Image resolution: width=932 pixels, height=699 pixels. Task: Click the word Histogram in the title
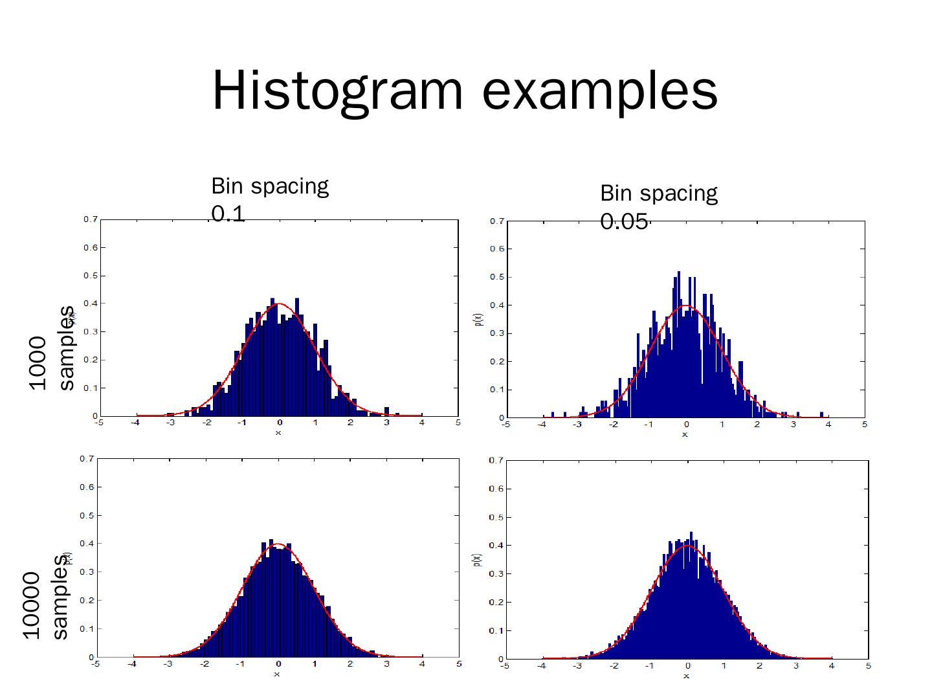337,91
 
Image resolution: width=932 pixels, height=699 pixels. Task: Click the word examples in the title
600,91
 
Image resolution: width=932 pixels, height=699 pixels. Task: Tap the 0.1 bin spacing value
228,214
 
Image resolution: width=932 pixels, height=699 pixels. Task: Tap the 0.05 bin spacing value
624,222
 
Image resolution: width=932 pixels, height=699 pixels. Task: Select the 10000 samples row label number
32,606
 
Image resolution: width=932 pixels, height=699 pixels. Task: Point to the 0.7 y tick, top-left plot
90,219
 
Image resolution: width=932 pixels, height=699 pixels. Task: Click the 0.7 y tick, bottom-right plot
496,461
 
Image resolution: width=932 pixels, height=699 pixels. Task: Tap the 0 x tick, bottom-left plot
278,664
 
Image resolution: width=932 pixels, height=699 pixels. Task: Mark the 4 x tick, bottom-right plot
832,666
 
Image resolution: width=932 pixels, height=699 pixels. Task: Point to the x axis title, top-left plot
278,432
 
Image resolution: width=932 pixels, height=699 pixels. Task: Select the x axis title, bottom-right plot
687,676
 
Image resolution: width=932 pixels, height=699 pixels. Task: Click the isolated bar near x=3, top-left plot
387,412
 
